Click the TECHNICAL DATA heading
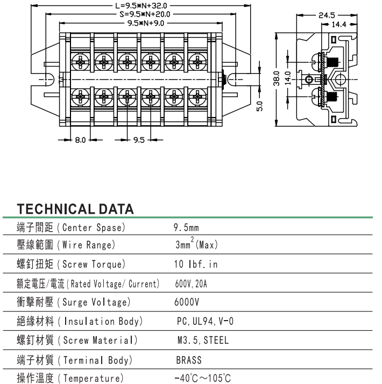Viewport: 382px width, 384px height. (75, 209)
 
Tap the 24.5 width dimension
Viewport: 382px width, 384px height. (328, 15)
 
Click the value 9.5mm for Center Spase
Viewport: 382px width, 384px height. (186, 228)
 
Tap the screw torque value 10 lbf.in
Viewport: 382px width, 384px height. (196, 264)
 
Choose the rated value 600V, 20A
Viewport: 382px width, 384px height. (190, 284)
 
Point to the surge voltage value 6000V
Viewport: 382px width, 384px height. (187, 302)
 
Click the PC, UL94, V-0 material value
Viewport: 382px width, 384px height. (204, 321)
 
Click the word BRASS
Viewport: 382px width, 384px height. (188, 359)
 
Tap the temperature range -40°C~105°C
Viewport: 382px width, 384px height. (202, 378)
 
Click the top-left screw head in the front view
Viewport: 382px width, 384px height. (80, 62)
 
